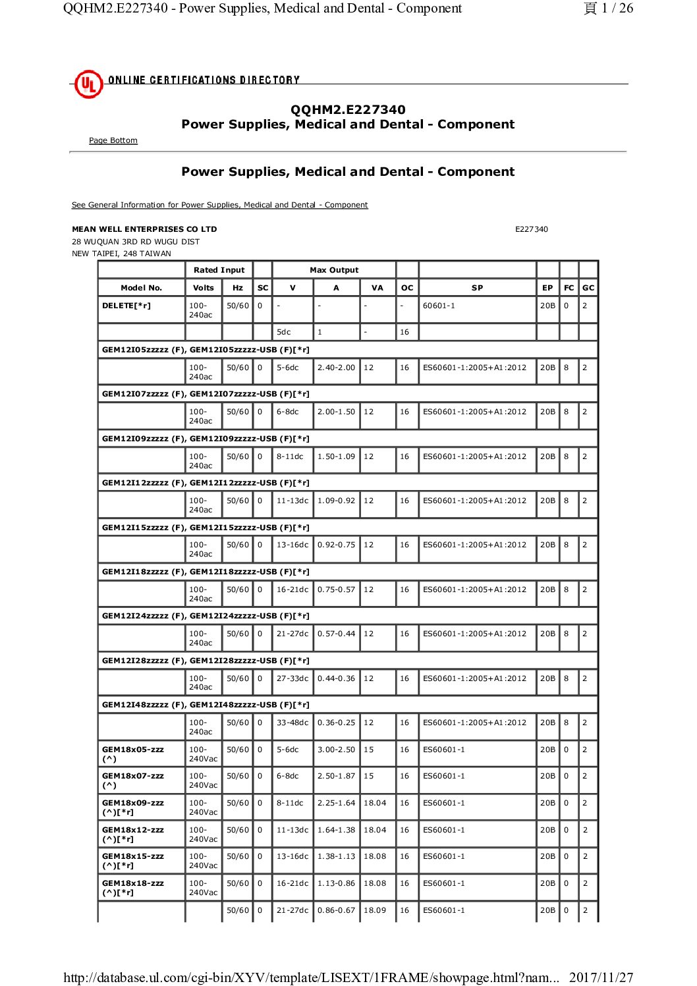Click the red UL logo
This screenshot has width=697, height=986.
point(88,84)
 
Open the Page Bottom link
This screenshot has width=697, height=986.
point(113,140)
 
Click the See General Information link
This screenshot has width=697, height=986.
point(219,205)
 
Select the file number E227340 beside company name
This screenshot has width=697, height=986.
point(531,229)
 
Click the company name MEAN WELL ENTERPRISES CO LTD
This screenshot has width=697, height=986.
point(144,229)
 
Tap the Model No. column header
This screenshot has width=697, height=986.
point(141,288)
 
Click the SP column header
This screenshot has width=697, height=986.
point(477,288)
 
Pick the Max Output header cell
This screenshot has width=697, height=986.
point(334,270)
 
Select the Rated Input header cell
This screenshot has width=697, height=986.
point(219,270)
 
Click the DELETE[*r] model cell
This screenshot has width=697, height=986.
point(126,306)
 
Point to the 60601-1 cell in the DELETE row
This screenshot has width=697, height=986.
point(439,306)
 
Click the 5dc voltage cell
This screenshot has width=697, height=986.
point(284,332)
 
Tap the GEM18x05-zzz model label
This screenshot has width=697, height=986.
point(133,750)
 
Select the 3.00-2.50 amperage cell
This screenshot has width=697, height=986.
point(336,750)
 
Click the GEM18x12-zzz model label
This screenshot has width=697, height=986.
point(133,830)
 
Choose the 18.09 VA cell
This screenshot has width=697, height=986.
point(375,910)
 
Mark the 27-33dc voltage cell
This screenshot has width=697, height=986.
point(293,678)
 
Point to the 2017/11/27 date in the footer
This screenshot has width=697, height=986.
point(601,977)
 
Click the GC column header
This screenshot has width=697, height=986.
point(588,288)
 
